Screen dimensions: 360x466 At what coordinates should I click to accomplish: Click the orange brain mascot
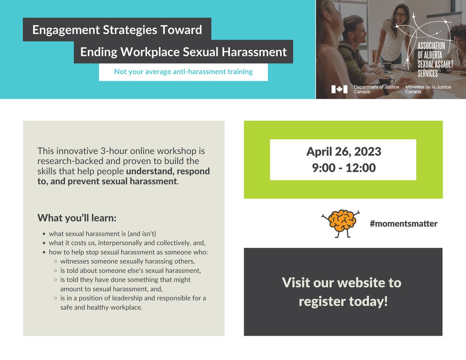341,223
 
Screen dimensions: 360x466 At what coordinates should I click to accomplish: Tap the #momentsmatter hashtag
403,224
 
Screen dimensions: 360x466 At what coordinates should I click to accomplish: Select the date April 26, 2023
343,151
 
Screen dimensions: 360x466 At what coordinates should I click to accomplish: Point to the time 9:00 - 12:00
343,168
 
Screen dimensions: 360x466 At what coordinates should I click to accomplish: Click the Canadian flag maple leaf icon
339,89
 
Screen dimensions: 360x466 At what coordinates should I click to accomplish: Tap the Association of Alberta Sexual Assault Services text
435,60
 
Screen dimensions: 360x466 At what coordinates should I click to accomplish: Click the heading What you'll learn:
77,218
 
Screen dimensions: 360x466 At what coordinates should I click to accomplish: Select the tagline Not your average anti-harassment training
183,72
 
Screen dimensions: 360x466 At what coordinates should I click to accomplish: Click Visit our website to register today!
343,292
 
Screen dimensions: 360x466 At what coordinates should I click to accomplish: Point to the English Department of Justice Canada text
376,89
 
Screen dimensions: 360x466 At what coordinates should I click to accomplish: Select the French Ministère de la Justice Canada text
428,89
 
